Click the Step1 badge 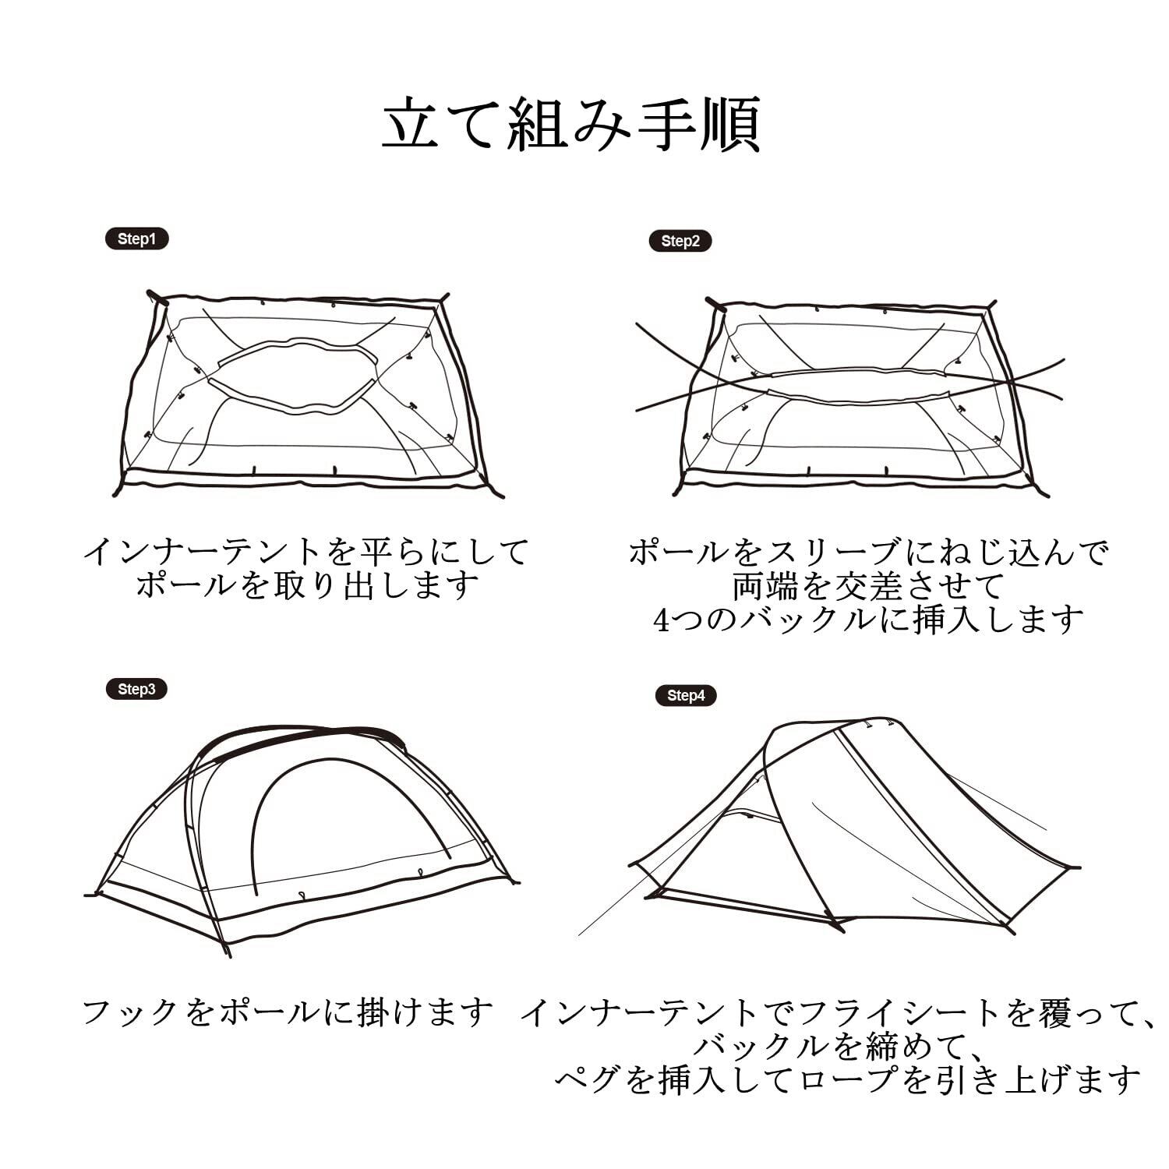(x=136, y=239)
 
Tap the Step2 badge (x=680, y=241)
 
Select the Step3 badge (x=136, y=689)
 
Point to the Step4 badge (x=686, y=695)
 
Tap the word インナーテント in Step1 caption (x=203, y=552)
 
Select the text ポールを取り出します (x=307, y=584)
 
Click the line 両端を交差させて (x=868, y=585)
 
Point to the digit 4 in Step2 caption (x=662, y=620)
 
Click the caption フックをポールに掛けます (x=288, y=1012)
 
